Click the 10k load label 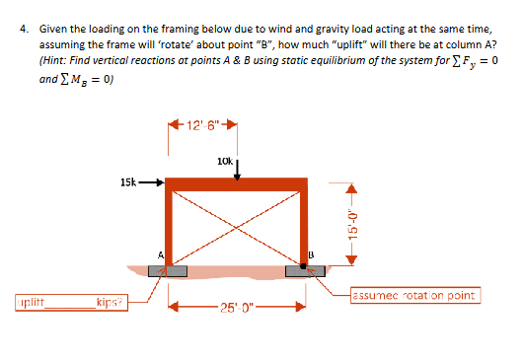pyautogui.click(x=223, y=160)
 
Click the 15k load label pyautogui.click(x=127, y=181)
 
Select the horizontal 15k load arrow pyautogui.click(x=151, y=182)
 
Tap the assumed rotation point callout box pyautogui.click(x=414, y=295)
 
